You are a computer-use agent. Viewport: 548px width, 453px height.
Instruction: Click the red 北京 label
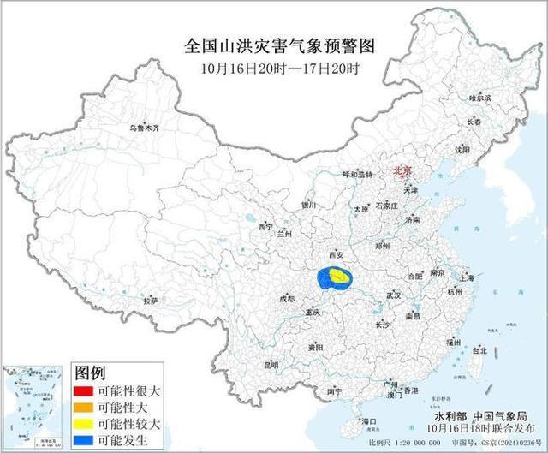(402, 171)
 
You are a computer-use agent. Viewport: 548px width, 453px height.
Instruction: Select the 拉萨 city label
(152, 301)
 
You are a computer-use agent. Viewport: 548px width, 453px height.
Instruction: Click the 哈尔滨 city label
(481, 99)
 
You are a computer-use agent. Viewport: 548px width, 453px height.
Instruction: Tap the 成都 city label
(286, 299)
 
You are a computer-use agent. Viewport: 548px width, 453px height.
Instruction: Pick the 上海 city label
(467, 278)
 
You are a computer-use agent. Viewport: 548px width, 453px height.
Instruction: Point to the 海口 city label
(370, 421)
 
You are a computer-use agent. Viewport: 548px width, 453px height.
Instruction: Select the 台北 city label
(479, 350)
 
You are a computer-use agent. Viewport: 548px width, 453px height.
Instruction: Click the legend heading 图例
(90, 373)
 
